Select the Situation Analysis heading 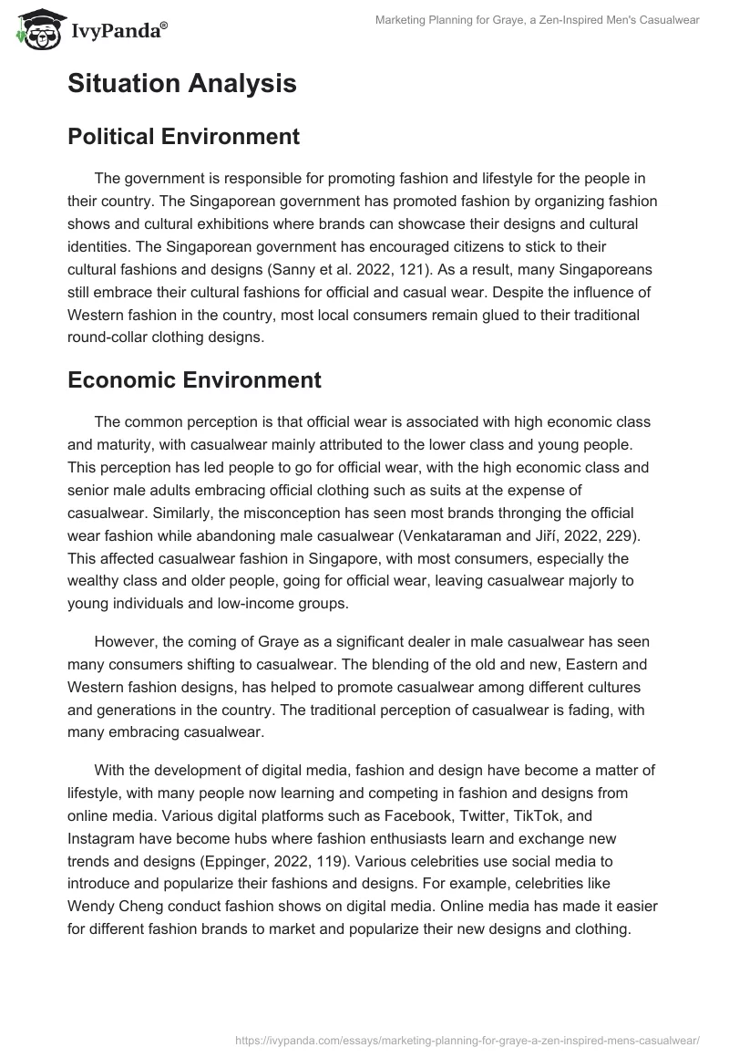click(x=181, y=84)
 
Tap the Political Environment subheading click(x=183, y=137)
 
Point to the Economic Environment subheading click(x=194, y=379)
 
